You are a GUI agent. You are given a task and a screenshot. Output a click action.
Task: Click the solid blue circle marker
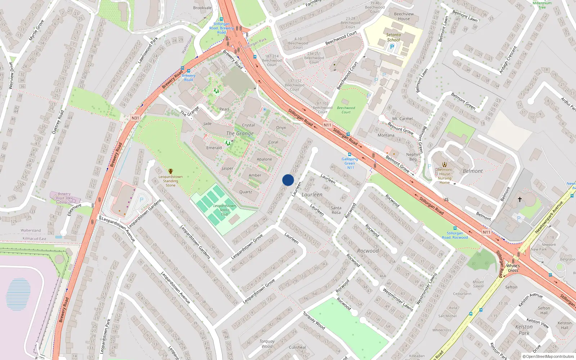[288, 180]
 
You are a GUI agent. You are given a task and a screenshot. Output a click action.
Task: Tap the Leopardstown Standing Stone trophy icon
[171, 171]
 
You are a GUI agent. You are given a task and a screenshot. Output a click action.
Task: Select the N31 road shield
[135, 118]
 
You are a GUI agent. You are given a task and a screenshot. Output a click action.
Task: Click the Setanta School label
[393, 37]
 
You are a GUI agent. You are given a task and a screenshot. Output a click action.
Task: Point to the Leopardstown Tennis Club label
[224, 210]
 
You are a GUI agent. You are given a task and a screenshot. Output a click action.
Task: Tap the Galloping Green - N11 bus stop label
[350, 163]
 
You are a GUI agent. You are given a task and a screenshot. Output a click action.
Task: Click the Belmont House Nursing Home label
[445, 176]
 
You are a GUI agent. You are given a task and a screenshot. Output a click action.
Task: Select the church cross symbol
[520, 199]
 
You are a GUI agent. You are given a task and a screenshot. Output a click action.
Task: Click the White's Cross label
[513, 268]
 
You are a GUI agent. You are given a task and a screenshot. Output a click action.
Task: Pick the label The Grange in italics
[240, 134]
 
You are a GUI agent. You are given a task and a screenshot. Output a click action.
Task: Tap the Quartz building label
[246, 192]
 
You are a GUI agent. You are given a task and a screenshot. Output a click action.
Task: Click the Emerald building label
[214, 148]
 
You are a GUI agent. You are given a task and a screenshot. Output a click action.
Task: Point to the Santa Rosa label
[336, 210]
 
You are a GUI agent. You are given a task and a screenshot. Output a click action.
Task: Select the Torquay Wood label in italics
[267, 344]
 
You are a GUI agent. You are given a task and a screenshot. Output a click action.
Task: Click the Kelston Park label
[524, 330]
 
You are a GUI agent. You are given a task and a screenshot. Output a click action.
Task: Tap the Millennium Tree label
[542, 5]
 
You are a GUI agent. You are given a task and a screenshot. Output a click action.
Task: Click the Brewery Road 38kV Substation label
[64, 198]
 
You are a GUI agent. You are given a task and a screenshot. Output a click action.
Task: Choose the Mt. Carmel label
[402, 118]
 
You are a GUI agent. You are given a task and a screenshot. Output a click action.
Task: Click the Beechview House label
[404, 16]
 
